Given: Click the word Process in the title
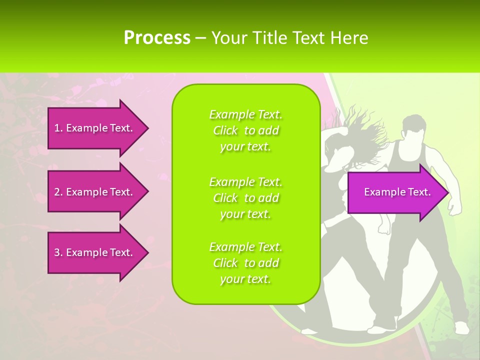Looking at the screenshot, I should coord(157,37).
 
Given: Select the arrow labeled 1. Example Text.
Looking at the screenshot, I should coord(95,128).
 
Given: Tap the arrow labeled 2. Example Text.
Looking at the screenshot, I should coord(95,192).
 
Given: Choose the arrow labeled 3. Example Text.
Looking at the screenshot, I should coord(95,252).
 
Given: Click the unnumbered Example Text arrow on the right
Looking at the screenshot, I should coord(397,192).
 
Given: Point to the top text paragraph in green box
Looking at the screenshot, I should coord(246,130).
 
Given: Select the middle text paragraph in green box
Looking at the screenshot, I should coord(246,198).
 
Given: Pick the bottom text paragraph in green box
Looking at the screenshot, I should coord(246,263).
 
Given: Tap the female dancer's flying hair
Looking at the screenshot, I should coord(350,125).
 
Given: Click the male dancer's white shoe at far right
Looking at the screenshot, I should coord(461,327).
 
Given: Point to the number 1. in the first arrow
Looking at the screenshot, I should coord(58,128).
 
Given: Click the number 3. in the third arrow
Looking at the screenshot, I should coord(58,252).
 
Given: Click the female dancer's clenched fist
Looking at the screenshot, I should coord(384,226).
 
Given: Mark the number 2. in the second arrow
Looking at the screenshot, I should coord(58,192).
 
